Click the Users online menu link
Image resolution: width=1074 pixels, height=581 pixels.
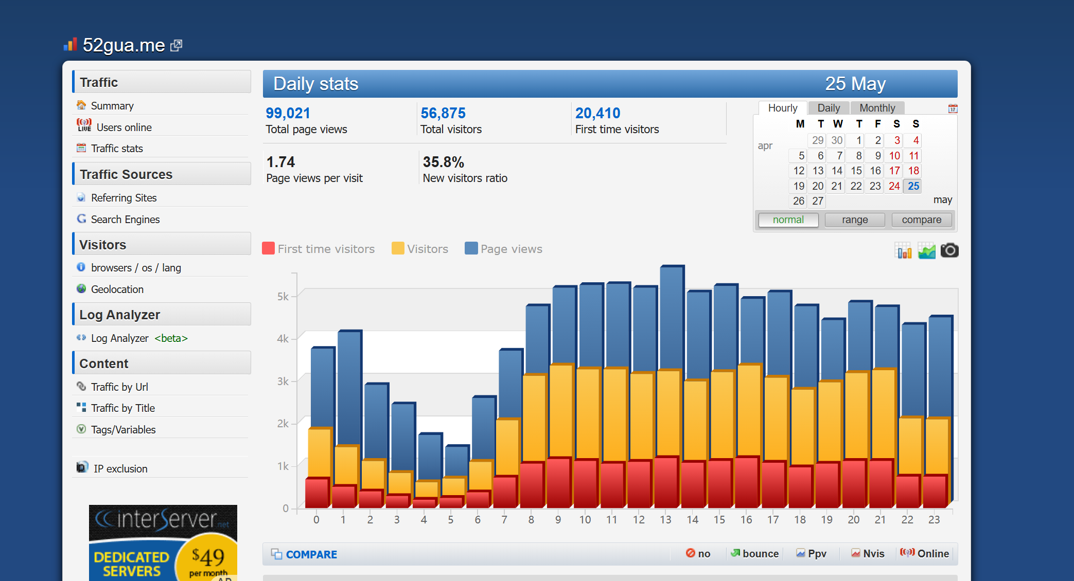click(x=124, y=127)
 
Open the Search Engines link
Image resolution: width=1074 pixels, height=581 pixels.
click(x=125, y=219)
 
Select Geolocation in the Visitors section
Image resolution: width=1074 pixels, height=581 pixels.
click(x=117, y=289)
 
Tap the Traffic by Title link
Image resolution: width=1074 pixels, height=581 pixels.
click(x=122, y=408)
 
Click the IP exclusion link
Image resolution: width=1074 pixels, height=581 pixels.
click(x=120, y=468)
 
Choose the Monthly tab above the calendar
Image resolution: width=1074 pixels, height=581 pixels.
click(x=877, y=108)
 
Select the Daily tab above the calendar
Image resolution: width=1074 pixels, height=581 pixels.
click(x=829, y=108)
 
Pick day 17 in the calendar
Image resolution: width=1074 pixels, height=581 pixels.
click(x=894, y=171)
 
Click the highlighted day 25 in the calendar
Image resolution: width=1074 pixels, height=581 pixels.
click(x=913, y=186)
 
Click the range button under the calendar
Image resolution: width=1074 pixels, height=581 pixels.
click(x=855, y=220)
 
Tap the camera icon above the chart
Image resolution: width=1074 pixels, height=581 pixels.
click(x=949, y=250)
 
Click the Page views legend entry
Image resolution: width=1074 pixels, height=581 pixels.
click(x=504, y=249)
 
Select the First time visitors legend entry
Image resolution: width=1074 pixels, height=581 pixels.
click(x=319, y=249)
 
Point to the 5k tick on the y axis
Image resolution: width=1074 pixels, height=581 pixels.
click(x=283, y=296)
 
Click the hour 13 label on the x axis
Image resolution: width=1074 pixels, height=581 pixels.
click(x=665, y=520)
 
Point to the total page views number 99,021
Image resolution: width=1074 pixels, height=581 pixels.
click(x=288, y=113)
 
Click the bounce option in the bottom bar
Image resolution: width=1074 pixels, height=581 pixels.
click(x=755, y=554)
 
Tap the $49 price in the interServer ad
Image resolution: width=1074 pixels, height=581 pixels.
click(x=208, y=556)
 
